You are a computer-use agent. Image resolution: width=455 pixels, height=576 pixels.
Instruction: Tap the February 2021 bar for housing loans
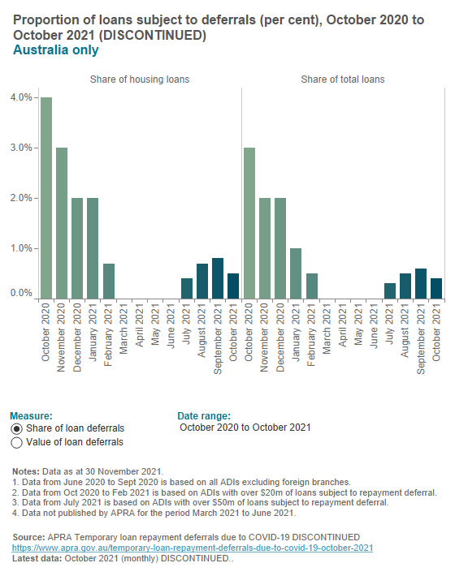coord(108,281)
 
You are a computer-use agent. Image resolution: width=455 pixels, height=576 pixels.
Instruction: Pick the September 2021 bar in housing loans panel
coord(218,278)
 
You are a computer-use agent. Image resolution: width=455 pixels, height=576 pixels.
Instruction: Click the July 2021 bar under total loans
coord(389,290)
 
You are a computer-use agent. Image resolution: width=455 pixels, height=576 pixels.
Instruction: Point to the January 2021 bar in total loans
coord(296,273)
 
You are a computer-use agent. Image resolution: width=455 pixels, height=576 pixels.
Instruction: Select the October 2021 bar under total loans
coord(435,288)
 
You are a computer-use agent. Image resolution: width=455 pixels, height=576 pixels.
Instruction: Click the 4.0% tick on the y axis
coord(21,97)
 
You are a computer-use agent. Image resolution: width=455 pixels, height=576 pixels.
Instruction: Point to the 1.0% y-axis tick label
coord(21,248)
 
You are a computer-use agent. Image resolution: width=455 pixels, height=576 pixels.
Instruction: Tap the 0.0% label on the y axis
coord(21,293)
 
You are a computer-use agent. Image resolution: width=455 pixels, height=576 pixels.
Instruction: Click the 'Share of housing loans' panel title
coord(140,80)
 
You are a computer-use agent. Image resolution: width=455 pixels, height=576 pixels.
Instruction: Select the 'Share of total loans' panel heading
coord(343,80)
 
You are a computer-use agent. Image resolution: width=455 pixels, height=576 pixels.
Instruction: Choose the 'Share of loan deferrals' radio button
coord(17,428)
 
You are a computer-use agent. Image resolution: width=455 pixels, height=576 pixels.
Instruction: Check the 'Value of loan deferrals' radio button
coord(17,442)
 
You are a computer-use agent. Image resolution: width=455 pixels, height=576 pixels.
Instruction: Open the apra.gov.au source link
coord(193,548)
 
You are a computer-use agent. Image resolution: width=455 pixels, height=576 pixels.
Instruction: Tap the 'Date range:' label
coord(204,415)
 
